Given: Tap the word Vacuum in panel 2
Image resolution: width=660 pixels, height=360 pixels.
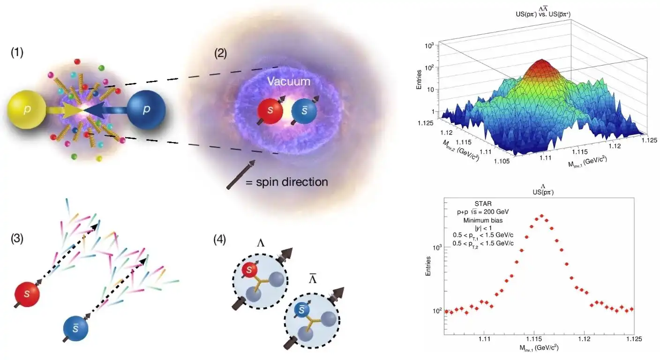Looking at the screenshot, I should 289,82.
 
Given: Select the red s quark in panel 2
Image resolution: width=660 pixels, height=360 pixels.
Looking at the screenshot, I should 270,112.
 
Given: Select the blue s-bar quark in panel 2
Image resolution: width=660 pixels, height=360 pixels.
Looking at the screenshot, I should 304,112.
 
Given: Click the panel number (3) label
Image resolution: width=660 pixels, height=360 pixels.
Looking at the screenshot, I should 17,239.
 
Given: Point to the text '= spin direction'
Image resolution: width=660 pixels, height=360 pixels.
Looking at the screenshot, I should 286,181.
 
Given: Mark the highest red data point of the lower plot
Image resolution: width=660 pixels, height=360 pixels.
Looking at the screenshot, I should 541,216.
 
